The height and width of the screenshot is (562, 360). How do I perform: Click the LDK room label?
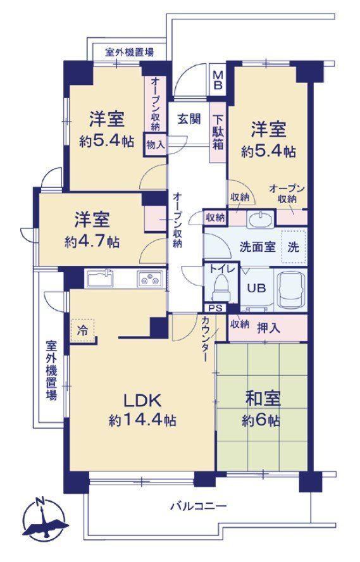coord(142,401)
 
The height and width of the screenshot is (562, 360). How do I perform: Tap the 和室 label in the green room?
coord(263,399)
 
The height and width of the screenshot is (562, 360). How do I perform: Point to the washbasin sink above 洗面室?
coord(261,219)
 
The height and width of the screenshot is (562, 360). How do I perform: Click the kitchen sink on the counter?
coord(101,278)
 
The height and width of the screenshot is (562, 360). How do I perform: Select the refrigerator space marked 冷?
coord(83,331)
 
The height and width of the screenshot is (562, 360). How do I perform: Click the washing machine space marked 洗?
coord(293,247)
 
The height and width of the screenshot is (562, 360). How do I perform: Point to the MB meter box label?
coord(218,80)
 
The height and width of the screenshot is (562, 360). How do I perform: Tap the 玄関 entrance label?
coord(189,118)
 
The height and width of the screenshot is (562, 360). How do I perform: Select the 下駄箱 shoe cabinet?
coord(218,132)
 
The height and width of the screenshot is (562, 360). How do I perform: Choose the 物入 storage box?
coord(156,145)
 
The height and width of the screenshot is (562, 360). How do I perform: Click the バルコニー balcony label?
coord(198,506)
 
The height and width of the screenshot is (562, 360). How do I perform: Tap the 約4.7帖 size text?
coord(92,242)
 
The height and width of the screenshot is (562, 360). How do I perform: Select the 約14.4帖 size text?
coord(142,420)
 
